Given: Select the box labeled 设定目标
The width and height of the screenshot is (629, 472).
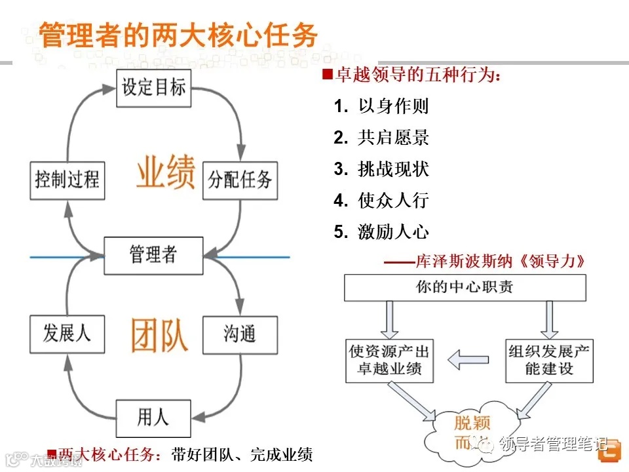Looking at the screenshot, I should [154, 87].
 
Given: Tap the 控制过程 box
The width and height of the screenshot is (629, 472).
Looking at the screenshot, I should [67, 179].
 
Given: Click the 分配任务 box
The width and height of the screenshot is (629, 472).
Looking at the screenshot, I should [240, 179].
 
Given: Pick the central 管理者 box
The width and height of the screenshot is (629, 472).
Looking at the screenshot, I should [153, 254].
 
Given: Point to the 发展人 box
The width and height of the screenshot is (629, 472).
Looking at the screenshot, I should [67, 334].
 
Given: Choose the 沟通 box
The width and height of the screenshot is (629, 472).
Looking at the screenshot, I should [239, 334].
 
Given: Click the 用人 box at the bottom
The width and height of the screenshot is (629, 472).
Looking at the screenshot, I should [153, 416].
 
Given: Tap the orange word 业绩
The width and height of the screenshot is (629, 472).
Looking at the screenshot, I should [166, 172].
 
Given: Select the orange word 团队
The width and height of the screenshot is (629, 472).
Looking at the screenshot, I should [159, 336].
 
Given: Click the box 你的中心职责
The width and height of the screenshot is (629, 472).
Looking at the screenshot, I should [465, 287].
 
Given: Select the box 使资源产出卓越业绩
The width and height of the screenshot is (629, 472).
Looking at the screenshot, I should [390, 360].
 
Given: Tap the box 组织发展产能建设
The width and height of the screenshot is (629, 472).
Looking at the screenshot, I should [549, 360].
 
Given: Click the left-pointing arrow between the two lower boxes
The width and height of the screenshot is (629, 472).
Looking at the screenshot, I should [468, 359].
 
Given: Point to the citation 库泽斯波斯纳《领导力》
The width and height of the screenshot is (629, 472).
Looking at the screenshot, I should [485, 261].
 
